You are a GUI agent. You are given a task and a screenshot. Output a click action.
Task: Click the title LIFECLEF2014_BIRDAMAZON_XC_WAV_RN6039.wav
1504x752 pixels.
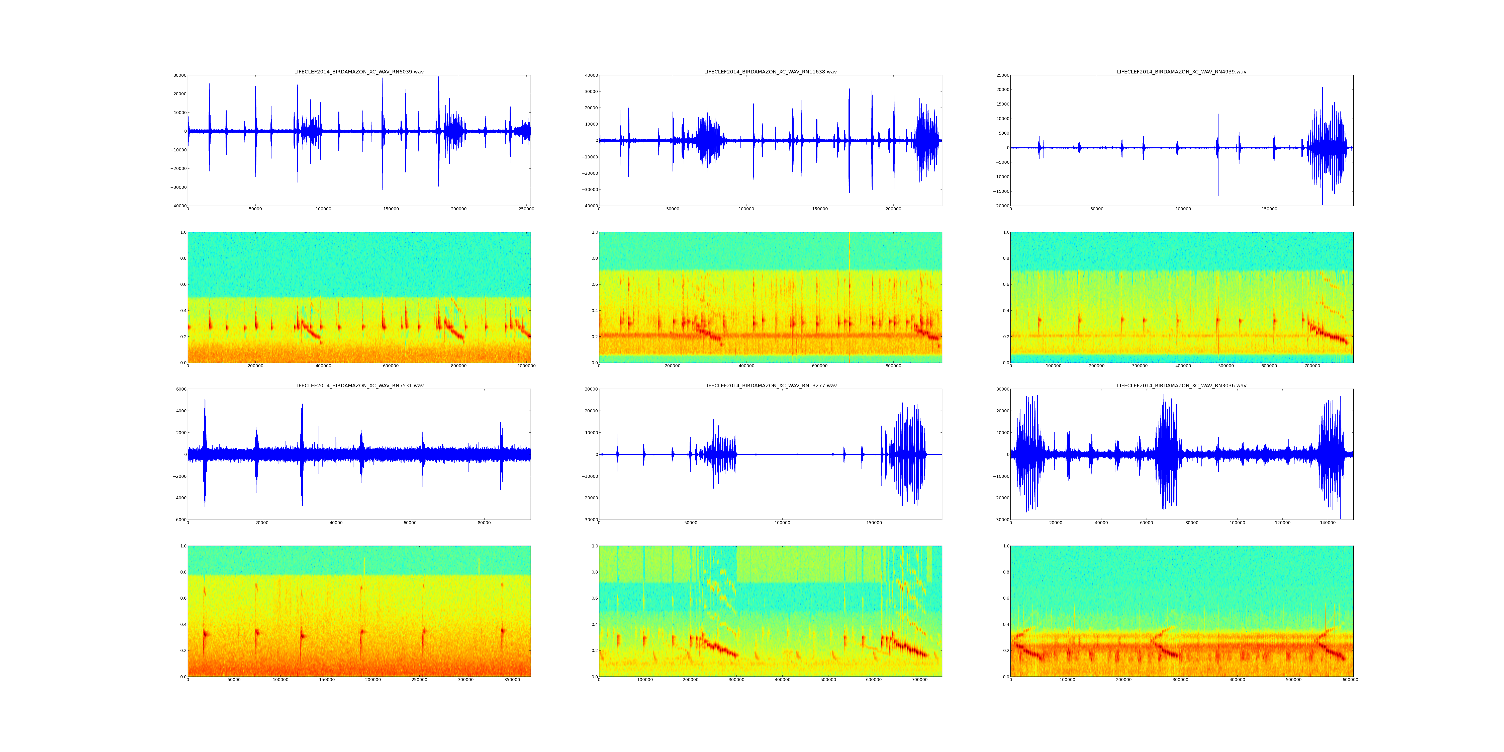(358, 72)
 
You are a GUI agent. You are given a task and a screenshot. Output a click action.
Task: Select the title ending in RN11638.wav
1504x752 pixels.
(770, 72)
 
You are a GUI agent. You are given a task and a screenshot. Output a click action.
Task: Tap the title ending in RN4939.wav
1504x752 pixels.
(1181, 72)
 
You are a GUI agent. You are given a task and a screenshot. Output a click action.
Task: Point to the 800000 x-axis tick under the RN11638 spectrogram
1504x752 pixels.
(893, 366)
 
